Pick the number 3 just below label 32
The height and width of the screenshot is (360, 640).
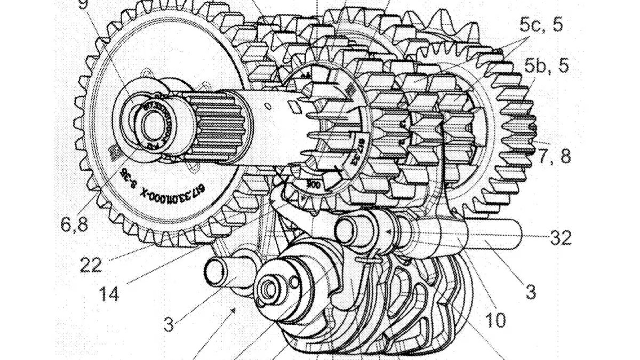coord(530,292)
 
